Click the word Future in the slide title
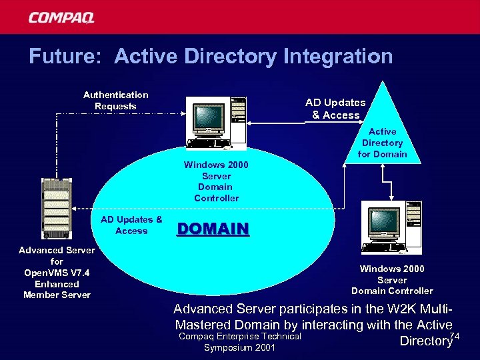pos(64,57)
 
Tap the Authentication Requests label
pos(115,101)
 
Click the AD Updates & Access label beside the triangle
pos(335,109)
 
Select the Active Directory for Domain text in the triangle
pos(382,143)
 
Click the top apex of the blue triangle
pos(383,82)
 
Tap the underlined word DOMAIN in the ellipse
pos(213,229)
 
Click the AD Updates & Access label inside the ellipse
pos(131,225)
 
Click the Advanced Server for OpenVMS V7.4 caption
pos(57,272)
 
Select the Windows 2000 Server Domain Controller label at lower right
pos(392,280)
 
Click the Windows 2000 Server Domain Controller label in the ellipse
pos(216,181)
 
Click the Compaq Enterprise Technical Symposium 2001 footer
pos(241,342)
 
